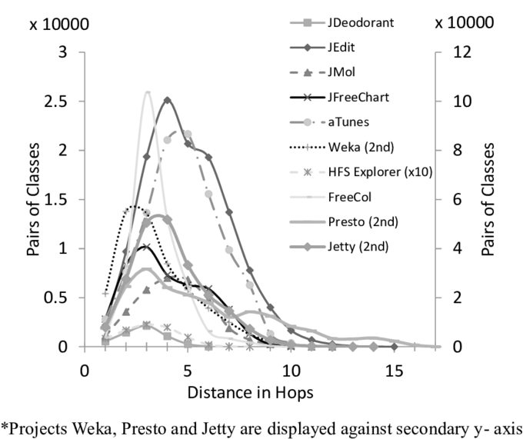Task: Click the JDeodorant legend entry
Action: [x=361, y=23]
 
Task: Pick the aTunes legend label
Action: [x=350, y=123]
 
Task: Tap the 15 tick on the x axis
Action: [x=393, y=371]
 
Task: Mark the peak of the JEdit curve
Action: [x=167, y=98]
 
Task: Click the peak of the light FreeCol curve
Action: [x=147, y=91]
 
